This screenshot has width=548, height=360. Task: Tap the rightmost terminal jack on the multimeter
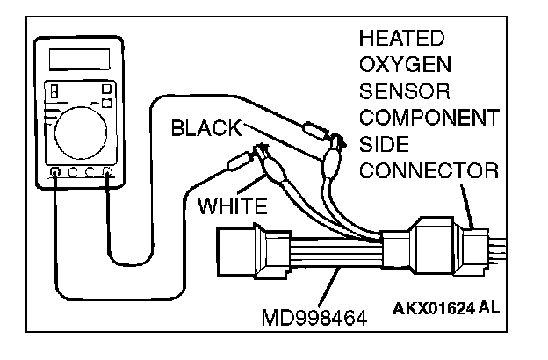pyautogui.click(x=107, y=172)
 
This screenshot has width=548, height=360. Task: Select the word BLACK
pyautogui.click(x=205, y=128)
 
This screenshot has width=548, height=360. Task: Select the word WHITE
pyautogui.click(x=232, y=208)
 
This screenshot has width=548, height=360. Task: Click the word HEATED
pyautogui.click(x=400, y=39)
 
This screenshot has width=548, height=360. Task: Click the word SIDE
pyautogui.click(x=385, y=143)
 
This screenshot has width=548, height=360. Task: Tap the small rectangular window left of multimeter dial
pyautogui.click(x=55, y=91)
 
